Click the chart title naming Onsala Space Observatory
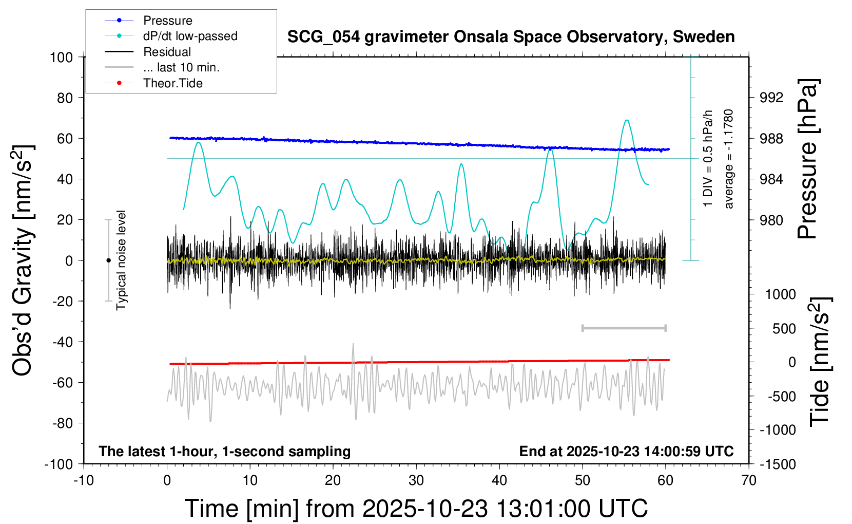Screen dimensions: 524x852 pos(511,37)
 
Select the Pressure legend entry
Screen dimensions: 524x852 pos(167,21)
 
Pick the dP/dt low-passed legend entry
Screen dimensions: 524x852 pos(190,36)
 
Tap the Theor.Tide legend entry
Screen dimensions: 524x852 pos(172,83)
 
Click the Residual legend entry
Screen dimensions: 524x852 pos(167,52)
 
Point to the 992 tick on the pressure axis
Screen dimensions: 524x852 pos(771,98)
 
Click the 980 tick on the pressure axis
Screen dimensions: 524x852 pos(771,220)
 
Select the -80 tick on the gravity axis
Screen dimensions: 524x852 pos(63,423)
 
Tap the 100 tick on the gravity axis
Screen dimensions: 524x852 pos(62,57)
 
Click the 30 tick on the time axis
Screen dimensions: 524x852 pos(416,481)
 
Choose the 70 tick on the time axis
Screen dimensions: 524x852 pos(749,481)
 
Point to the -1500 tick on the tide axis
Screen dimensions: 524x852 pos(778,464)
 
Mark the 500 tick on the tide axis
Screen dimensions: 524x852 pos(784,329)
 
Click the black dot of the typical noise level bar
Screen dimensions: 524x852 pos(108,260)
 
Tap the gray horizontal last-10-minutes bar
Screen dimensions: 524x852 pos(624,328)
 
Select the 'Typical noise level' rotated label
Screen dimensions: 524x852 pos(121,260)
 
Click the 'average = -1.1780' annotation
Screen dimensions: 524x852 pos(729,159)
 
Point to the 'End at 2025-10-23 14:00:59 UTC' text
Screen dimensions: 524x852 pos(626,452)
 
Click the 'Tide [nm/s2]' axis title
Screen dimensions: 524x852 pos(820,362)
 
